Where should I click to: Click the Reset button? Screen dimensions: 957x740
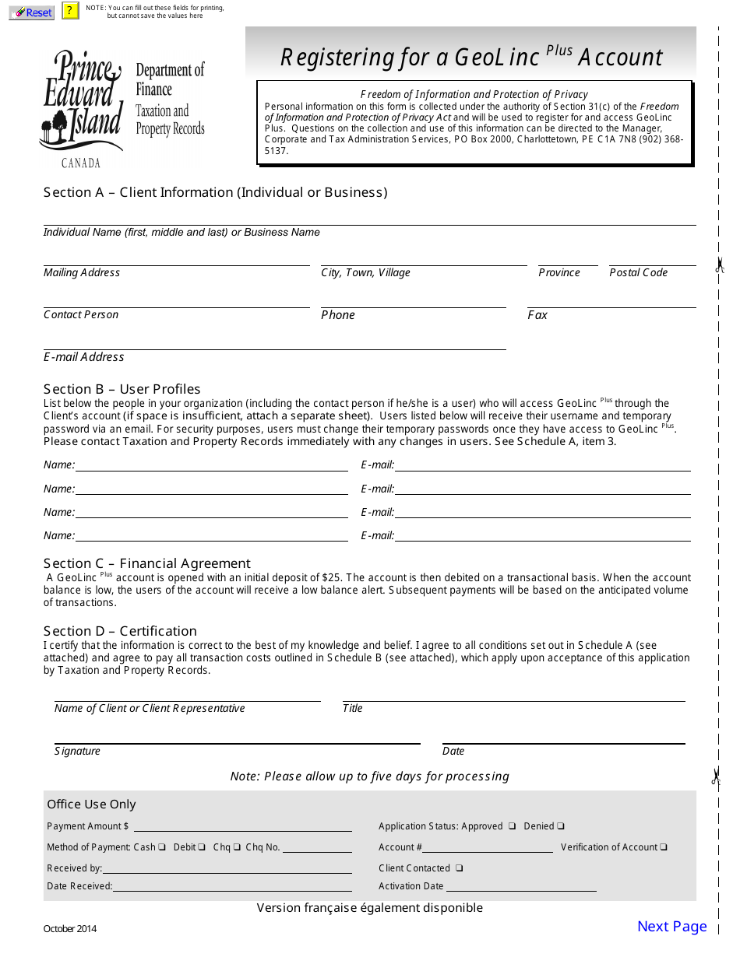coord(31,12)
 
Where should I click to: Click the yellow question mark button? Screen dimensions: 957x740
coord(71,11)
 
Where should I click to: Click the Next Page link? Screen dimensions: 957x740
coord(671,926)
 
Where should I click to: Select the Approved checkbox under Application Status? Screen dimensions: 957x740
coord(513,826)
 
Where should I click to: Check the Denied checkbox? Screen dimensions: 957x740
coord(561,826)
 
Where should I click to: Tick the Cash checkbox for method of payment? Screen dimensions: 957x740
coord(162,847)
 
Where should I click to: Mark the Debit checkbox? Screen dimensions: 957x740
coord(201,847)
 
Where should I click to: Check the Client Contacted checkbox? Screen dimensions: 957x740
coord(460,868)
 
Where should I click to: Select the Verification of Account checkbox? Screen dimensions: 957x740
coord(664,847)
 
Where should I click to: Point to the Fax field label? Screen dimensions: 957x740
coord(537,315)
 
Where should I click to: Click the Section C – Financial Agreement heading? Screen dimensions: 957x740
coord(147,563)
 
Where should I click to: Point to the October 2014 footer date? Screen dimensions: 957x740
coord(70,928)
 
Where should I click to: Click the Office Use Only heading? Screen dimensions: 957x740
coord(91,805)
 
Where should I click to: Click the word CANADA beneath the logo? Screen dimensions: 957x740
coord(81,163)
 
